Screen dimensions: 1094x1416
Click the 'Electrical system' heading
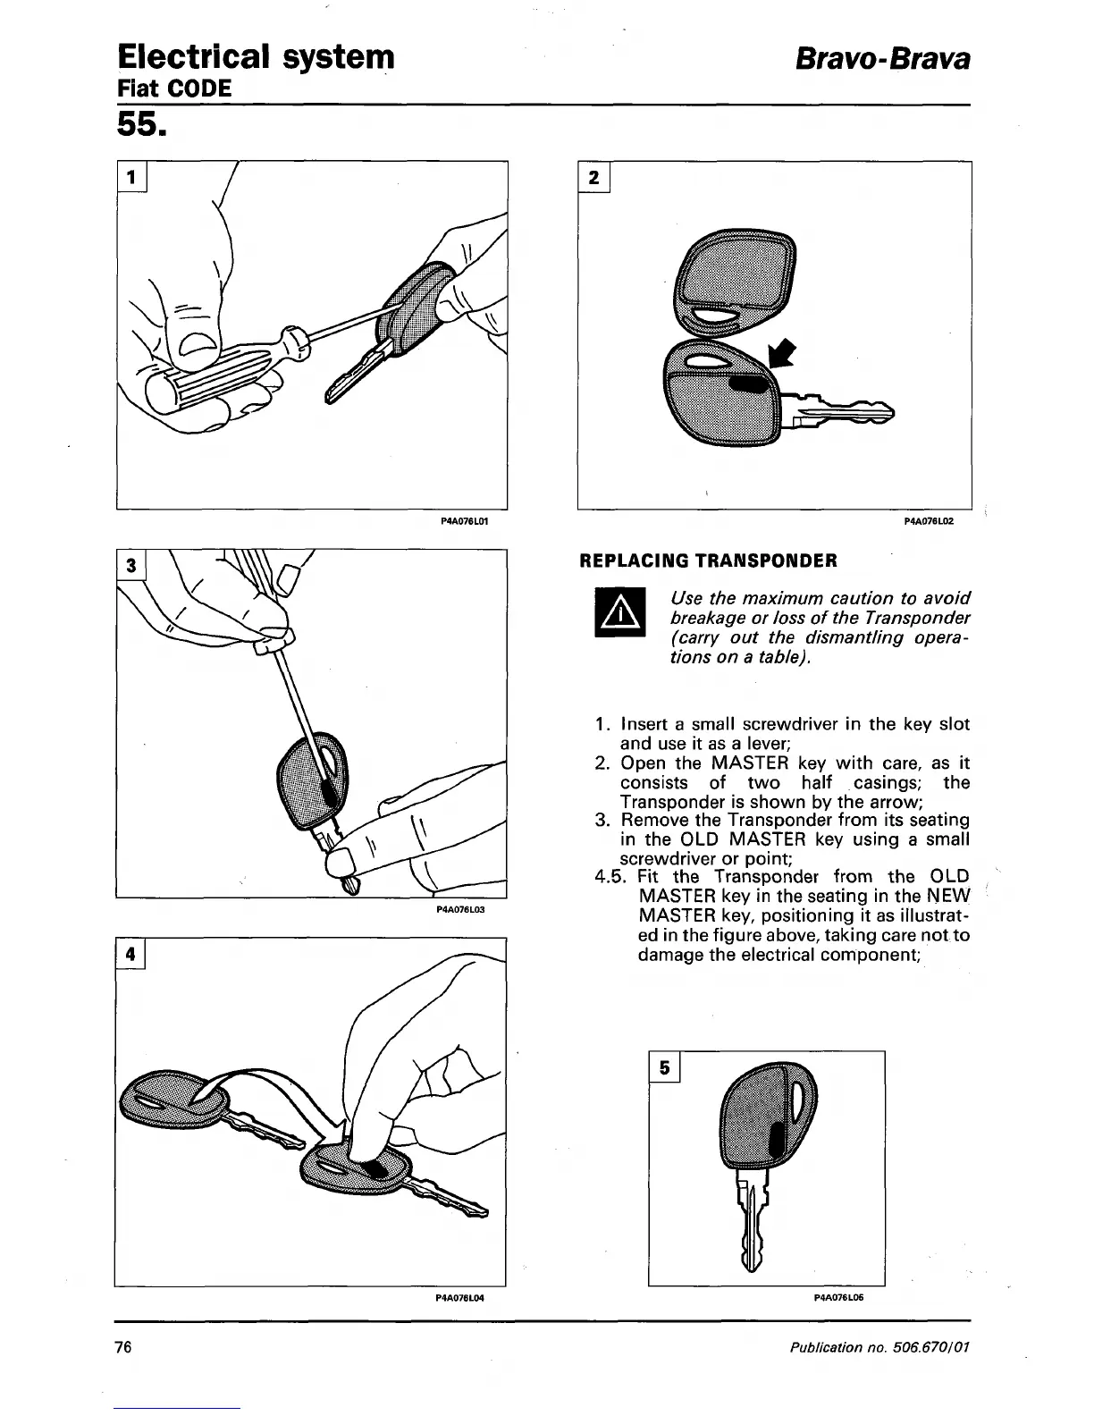click(256, 56)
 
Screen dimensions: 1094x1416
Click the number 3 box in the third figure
click(131, 565)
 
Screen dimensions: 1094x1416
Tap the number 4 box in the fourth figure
click(130, 954)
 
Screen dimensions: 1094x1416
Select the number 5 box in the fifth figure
click(664, 1067)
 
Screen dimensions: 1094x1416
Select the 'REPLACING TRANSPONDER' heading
click(709, 560)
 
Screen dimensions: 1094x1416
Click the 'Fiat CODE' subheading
click(174, 88)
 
